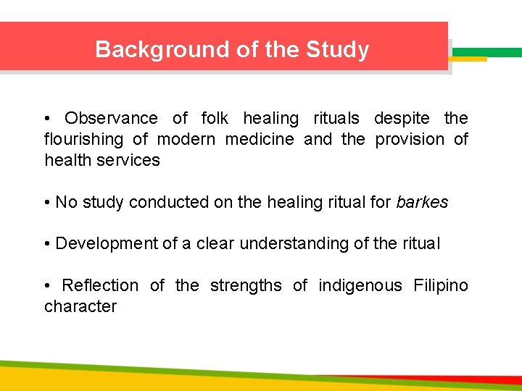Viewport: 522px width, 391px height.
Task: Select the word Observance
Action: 111,118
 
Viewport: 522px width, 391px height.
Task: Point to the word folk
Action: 215,118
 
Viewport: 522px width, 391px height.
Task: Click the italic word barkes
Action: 422,202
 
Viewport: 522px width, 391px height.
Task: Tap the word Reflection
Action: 100,286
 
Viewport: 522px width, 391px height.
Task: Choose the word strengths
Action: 246,286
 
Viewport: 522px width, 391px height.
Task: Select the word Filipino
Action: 441,286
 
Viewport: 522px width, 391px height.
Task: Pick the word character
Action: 80,307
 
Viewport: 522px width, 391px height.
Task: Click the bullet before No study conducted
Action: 48,203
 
